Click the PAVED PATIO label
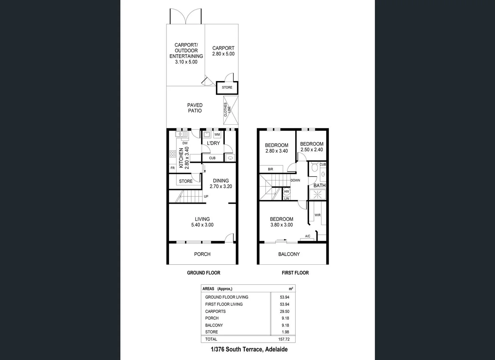[x=195, y=108]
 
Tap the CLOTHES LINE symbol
[x=231, y=110]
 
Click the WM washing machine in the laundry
[x=217, y=135]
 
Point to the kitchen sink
[x=181, y=134]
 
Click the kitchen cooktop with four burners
[x=173, y=154]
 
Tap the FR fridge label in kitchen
[x=173, y=168]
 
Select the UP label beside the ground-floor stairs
[x=206, y=196]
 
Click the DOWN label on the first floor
[x=295, y=180]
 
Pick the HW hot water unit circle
[x=287, y=192]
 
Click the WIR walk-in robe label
[x=318, y=215]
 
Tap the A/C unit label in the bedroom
[x=308, y=236]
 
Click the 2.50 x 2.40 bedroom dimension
[x=312, y=150]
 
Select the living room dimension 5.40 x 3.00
[x=202, y=225]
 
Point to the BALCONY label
[x=289, y=254]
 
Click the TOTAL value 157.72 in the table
[x=284, y=339]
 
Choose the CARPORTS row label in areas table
[x=215, y=311]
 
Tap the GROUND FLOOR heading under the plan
[x=204, y=273]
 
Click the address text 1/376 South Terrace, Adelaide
[x=249, y=349]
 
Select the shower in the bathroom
[x=317, y=194]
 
